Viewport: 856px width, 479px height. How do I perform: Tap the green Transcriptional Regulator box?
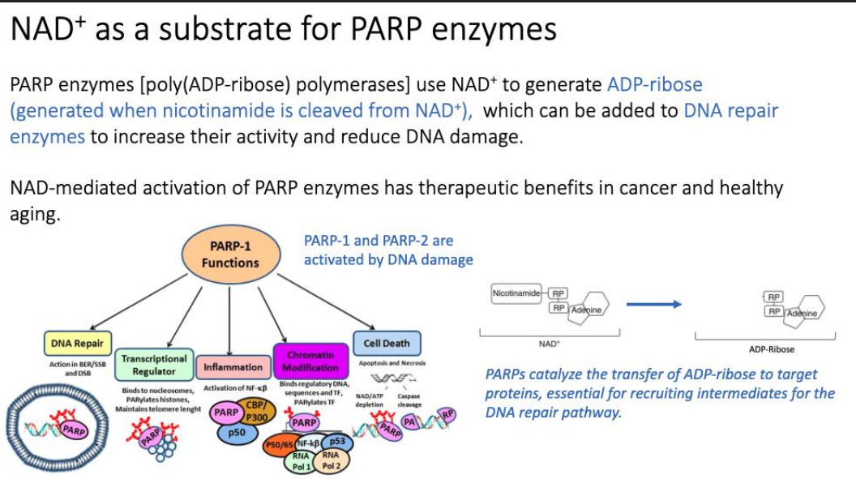point(154,365)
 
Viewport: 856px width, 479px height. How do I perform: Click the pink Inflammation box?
point(233,367)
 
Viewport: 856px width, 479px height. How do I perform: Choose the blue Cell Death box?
point(386,343)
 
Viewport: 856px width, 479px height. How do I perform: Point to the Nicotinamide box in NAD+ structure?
point(516,293)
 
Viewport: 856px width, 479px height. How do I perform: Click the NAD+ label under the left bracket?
point(549,344)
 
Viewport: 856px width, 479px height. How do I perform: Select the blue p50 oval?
point(237,433)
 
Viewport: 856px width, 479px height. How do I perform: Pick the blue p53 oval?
point(336,442)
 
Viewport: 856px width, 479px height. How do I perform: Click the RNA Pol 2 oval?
point(332,460)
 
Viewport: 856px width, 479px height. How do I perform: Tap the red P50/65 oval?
point(280,445)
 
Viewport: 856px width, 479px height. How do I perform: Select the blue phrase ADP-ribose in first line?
point(654,84)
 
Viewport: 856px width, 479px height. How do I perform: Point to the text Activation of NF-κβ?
point(235,388)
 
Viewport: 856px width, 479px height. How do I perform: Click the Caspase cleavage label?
point(409,400)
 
